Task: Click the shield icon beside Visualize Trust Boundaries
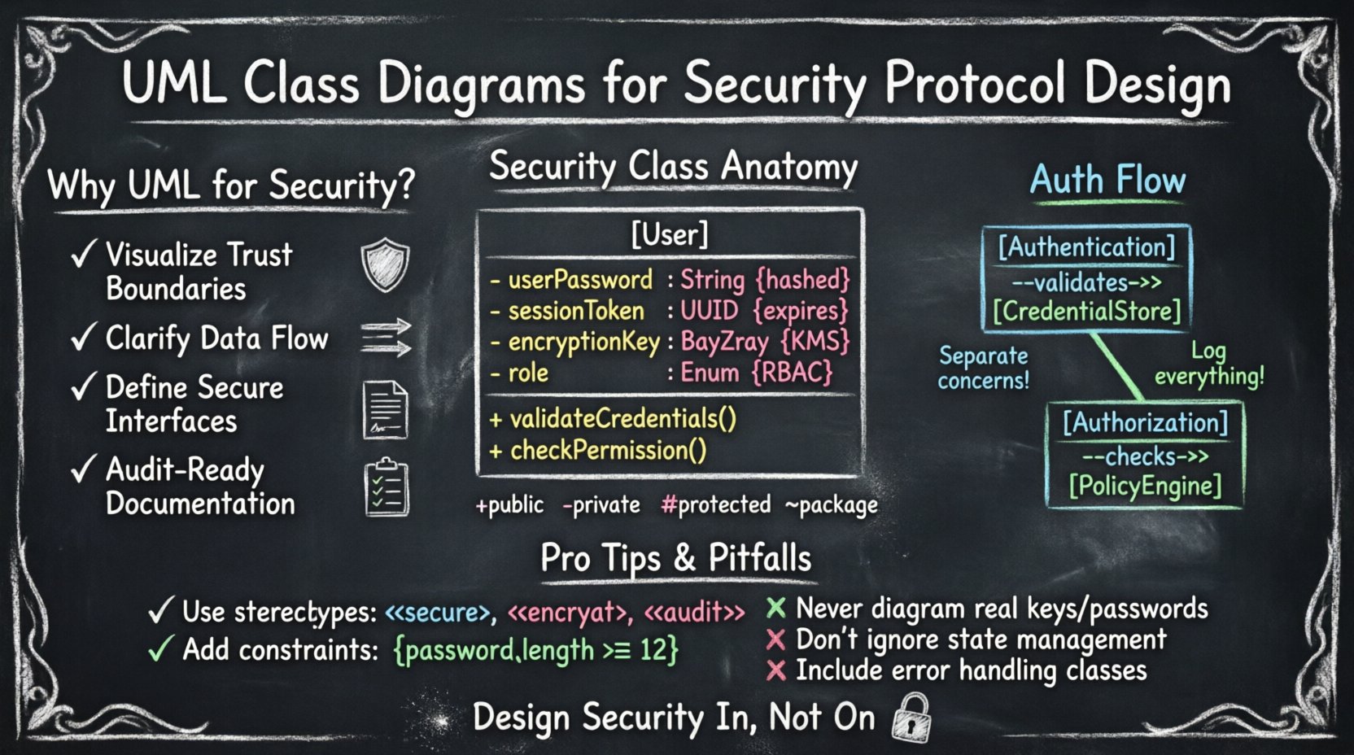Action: [385, 265]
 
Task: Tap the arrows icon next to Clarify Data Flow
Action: [386, 338]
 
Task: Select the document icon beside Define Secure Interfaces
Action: [385, 409]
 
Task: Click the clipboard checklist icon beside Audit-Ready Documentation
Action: [386, 488]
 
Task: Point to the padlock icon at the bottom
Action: [911, 717]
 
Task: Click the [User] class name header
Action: [670, 235]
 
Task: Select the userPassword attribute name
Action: [580, 281]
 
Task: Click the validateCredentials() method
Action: [622, 419]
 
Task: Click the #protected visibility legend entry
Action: [715, 505]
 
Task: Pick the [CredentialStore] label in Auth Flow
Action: [1086, 312]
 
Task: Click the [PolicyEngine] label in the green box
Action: [1145, 487]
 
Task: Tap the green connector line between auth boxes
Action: [1118, 366]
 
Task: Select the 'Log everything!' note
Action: [1209, 364]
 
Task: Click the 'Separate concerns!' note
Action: [983, 368]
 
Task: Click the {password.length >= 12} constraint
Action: [535, 651]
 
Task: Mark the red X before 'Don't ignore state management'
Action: [775, 640]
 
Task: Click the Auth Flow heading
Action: [1107, 180]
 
